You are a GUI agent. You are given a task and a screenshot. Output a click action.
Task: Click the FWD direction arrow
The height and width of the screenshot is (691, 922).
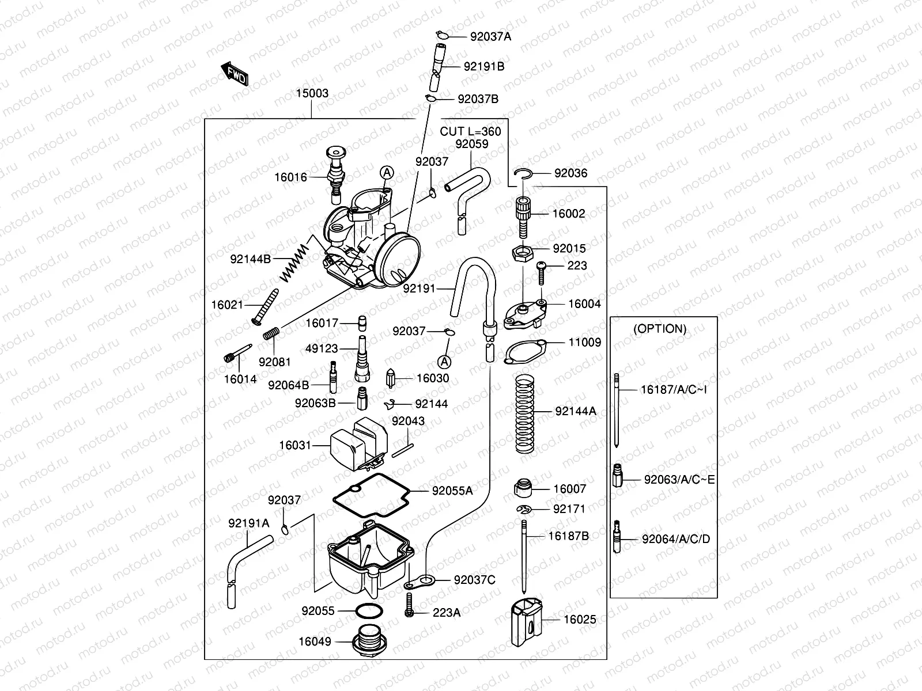click(235, 73)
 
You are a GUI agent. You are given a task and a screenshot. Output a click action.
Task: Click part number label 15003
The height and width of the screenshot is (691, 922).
click(312, 93)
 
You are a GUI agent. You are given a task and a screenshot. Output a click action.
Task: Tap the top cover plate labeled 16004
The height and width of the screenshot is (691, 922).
click(523, 314)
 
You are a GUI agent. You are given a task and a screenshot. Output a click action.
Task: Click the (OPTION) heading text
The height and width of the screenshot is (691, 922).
click(660, 329)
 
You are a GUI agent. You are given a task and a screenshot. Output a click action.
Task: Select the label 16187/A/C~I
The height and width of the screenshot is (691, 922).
click(674, 390)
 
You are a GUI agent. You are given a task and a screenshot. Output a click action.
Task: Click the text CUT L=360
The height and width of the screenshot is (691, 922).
click(470, 131)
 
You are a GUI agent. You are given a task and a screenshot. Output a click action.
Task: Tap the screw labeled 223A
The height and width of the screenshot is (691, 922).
click(409, 608)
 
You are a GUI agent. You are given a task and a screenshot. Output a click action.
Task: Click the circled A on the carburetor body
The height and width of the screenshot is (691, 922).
click(386, 172)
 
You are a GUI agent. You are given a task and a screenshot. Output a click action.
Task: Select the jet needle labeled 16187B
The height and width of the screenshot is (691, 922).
click(524, 556)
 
